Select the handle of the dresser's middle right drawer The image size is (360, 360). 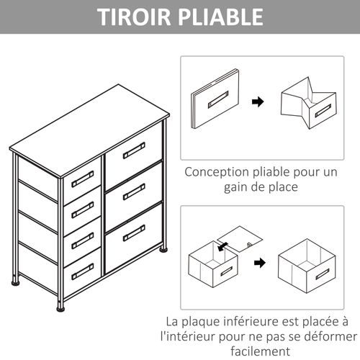(x=134, y=192)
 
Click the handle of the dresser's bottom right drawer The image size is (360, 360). (x=134, y=233)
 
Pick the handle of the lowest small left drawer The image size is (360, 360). (x=83, y=271)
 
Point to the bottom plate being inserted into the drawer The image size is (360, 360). (x=242, y=236)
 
